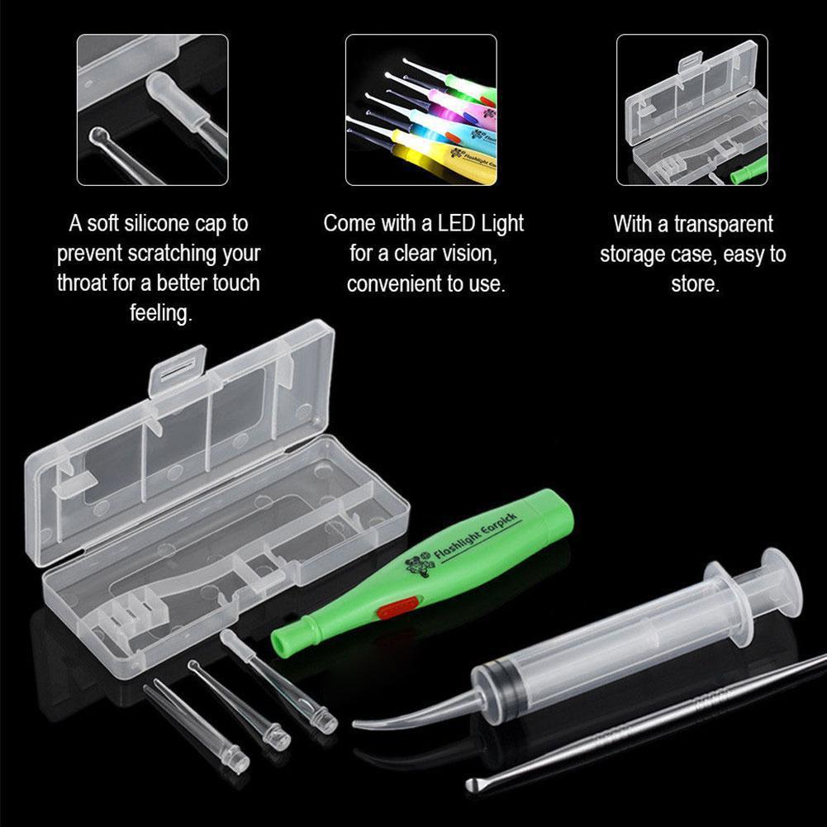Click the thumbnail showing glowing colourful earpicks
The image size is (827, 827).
[421, 110]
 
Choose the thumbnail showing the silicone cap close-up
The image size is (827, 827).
[152, 110]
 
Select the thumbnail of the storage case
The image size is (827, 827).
[692, 110]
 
